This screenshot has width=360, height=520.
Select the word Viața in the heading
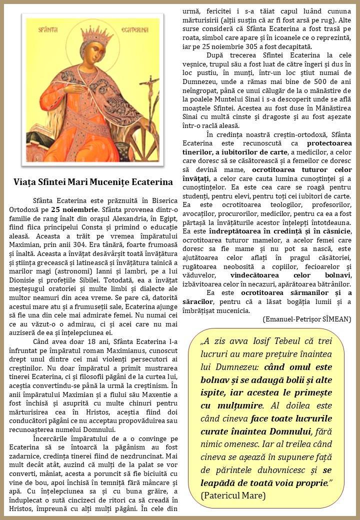pyautogui.click(x=25, y=182)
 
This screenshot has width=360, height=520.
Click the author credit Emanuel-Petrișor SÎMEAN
pyautogui.click(x=306, y=319)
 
